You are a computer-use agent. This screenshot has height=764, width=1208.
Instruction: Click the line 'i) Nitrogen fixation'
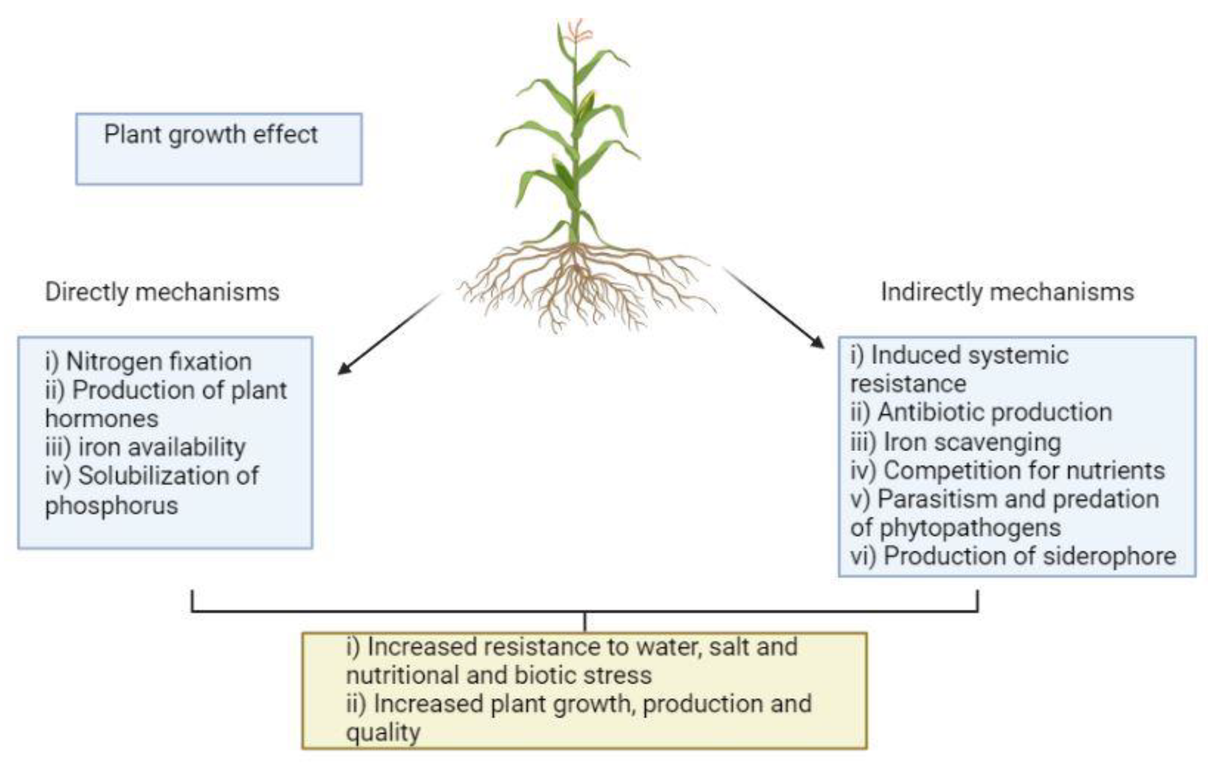tap(148, 361)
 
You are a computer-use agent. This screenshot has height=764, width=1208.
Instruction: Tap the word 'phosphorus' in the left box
tap(111, 505)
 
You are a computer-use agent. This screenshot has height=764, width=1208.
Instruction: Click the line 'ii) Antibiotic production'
tap(981, 413)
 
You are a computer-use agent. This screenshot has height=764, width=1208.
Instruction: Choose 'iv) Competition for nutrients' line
tap(1007, 471)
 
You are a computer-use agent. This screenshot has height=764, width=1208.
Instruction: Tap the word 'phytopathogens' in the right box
tap(970, 527)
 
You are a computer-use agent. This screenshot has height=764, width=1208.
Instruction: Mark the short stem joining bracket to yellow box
tap(585, 621)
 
